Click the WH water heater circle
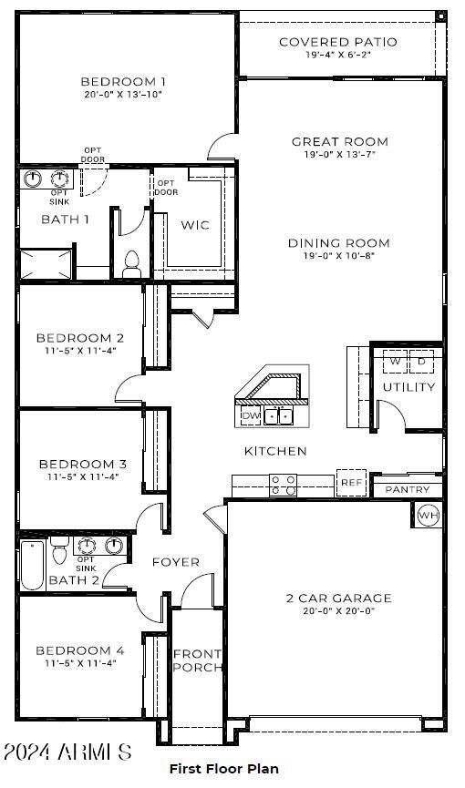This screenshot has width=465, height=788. [428, 516]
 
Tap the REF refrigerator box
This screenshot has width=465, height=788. [351, 482]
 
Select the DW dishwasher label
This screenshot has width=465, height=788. [251, 416]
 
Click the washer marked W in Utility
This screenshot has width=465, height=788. [395, 362]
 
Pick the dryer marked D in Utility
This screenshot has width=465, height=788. [421, 362]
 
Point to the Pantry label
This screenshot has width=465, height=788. [408, 490]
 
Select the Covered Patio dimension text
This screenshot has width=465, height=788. [337, 55]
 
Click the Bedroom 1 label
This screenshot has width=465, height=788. [123, 80]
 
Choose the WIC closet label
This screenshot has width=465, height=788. [194, 225]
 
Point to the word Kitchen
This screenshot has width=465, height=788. [275, 451]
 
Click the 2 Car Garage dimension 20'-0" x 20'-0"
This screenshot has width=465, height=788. [338, 610]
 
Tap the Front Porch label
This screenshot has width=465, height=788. [197, 660]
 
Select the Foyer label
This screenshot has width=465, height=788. [175, 562]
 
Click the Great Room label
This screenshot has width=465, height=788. [339, 141]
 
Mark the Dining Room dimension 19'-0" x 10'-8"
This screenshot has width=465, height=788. [339, 255]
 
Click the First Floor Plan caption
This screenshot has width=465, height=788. [223, 769]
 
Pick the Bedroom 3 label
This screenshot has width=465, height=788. [82, 464]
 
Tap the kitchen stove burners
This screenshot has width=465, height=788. [284, 485]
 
